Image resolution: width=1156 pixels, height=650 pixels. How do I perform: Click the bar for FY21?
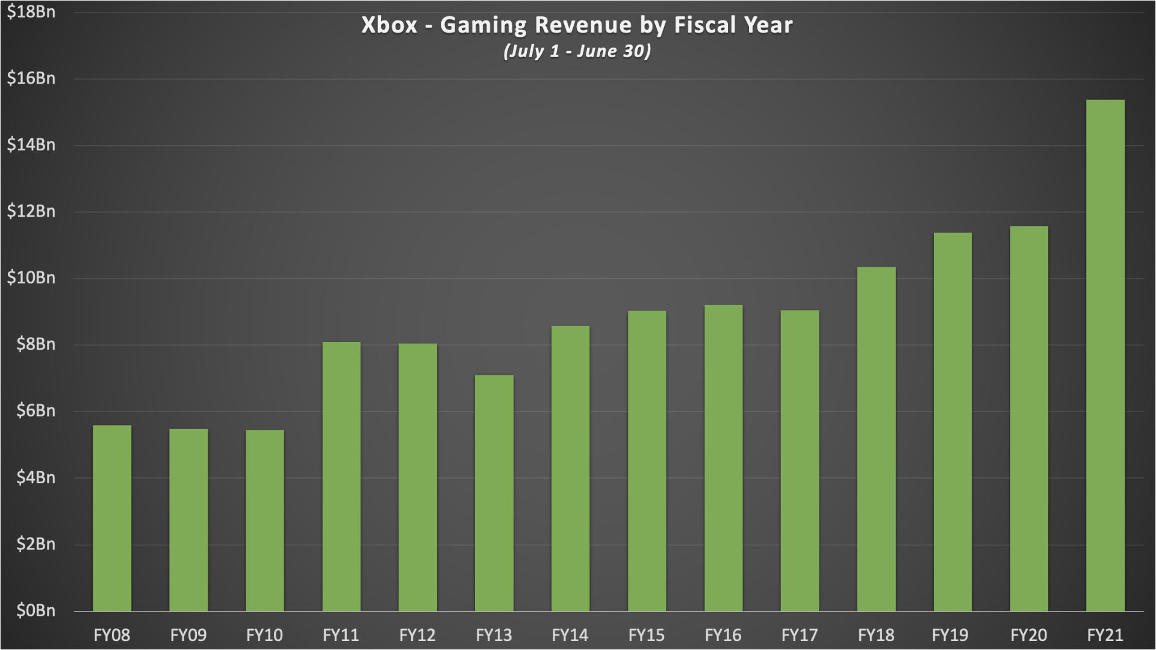click(1105, 355)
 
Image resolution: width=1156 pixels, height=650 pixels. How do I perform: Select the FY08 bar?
click(112, 518)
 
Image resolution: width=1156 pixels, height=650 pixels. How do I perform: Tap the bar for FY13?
click(494, 493)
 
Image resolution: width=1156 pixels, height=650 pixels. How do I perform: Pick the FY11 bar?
click(341, 476)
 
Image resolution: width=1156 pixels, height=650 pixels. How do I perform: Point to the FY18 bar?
click(876, 439)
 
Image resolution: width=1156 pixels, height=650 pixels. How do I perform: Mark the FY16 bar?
click(723, 458)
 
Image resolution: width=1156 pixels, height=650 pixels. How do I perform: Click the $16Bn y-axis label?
click(31, 78)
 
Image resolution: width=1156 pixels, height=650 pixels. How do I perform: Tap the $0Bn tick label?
click(36, 611)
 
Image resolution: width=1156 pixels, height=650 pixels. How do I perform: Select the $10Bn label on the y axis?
click(31, 278)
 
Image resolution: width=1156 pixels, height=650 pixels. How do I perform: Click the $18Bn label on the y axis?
click(31, 12)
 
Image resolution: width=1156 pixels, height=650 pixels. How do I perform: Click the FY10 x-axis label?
click(264, 635)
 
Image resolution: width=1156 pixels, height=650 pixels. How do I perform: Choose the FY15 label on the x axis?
click(647, 635)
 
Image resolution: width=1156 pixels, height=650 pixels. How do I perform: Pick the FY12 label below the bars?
click(417, 635)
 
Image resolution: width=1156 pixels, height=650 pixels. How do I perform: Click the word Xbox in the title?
click(389, 25)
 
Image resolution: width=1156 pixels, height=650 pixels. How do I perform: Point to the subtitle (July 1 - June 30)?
click(577, 51)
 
